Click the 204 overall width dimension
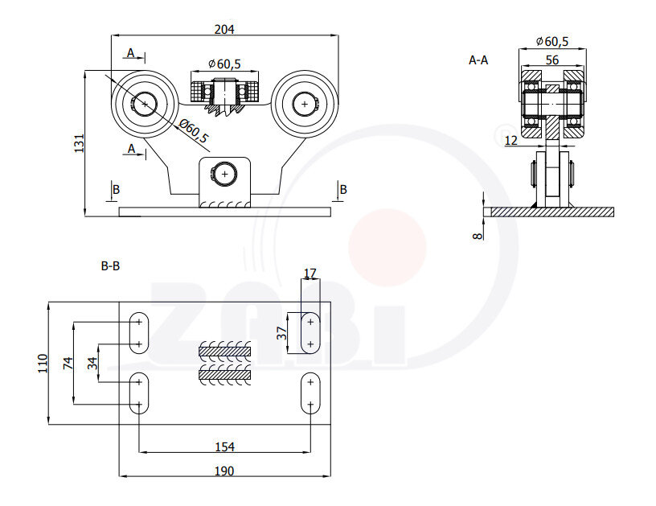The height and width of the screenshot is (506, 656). tap(223, 29)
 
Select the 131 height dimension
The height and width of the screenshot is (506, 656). tap(79, 143)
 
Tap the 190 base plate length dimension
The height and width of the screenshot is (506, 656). tap(224, 471)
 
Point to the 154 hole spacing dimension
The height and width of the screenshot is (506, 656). tap(224, 446)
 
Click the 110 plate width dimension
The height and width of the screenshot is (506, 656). tap(43, 363)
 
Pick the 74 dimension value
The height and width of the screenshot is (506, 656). tap(68, 363)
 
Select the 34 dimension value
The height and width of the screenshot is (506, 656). tap(92, 363)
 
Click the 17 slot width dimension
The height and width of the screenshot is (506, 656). tap(310, 274)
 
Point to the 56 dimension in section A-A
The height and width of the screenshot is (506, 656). tap(551, 60)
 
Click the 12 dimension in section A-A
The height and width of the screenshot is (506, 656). tap(511, 141)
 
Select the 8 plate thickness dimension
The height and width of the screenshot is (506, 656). tap(477, 235)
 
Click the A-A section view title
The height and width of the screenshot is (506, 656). tap(478, 60)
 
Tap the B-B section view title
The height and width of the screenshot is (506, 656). tap(110, 265)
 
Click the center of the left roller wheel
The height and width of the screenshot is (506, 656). tap(145, 103)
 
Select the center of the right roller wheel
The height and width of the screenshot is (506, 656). tap(305, 103)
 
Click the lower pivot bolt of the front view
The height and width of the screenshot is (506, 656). tap(224, 173)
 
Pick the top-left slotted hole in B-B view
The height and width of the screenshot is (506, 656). tap(139, 333)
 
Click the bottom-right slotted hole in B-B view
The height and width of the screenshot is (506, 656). tap(310, 393)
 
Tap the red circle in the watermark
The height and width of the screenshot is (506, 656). tap(387, 247)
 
